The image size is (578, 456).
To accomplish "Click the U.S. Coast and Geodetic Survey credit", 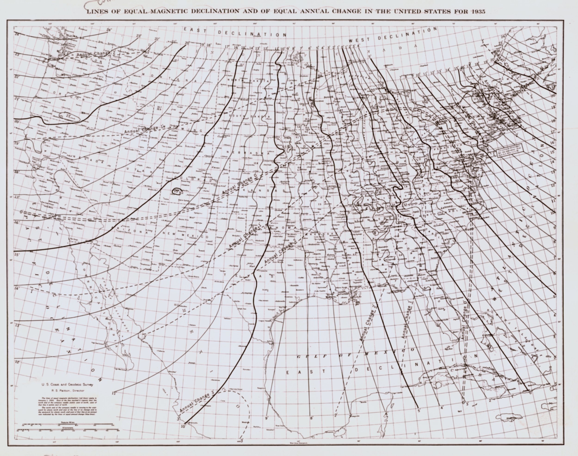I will pos(67,385).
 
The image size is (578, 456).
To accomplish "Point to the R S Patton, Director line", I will pos(67,390).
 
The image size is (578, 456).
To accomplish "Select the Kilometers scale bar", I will pos(68,430).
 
